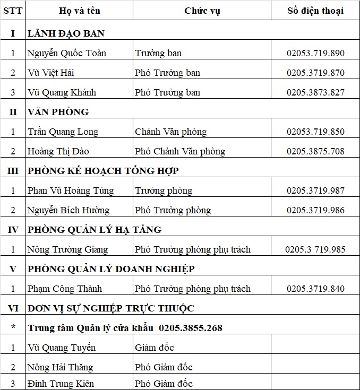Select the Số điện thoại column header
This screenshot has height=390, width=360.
tap(315, 11)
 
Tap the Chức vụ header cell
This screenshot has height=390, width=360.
tap(202, 11)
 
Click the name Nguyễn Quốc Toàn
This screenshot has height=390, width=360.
tap(67, 53)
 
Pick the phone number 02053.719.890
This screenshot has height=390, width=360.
tap(315, 53)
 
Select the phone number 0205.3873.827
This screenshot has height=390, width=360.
tap(315, 92)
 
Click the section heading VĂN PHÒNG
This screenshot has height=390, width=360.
tap(58, 112)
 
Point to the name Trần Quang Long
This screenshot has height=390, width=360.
tap(63, 132)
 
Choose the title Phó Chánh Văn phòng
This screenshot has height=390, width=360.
tap(180, 151)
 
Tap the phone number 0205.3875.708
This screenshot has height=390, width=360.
tap(315, 151)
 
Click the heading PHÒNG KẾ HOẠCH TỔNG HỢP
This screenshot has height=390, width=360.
tap(103, 171)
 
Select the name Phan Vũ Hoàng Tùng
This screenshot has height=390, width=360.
tap(71, 190)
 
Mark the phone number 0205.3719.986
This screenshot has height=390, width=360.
tap(315, 210)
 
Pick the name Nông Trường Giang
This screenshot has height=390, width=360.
tap(67, 249)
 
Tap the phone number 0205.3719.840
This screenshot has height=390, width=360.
tap(315, 289)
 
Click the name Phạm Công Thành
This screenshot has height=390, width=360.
tap(65, 289)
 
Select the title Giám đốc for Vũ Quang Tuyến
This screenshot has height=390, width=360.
tap(155, 348)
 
